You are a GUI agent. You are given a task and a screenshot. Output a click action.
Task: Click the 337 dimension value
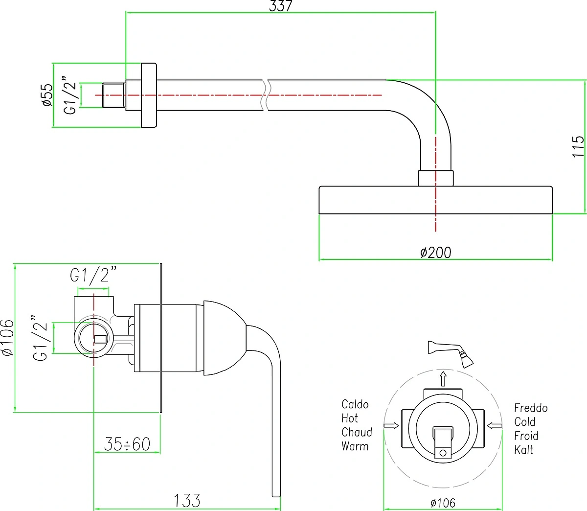coord(280,6)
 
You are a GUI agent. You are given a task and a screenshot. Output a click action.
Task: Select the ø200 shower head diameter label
coord(435,253)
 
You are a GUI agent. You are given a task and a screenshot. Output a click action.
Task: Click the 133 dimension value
coord(187,501)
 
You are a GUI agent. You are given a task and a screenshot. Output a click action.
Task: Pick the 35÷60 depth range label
coord(127,444)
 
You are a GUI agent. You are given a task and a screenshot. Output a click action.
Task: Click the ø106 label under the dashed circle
coord(443,503)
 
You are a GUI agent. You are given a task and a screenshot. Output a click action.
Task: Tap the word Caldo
coord(355,404)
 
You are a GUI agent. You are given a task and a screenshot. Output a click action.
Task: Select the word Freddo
coord(531,408)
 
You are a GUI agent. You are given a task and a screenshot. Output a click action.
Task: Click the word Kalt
coord(523,450)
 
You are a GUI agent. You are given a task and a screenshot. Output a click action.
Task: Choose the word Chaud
coord(357,432)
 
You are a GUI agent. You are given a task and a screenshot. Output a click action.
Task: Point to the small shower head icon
coord(451,354)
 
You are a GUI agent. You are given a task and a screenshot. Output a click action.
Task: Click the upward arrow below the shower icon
coord(443,379)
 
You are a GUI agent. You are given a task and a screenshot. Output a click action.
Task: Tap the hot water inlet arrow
coord(391,425)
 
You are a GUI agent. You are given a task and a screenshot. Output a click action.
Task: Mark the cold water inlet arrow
coord(495,425)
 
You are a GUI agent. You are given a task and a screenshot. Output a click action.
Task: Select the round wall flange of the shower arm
coord(149,95)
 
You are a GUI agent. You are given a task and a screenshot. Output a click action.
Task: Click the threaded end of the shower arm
coord(114,95)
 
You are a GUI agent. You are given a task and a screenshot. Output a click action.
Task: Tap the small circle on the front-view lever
coord(443,453)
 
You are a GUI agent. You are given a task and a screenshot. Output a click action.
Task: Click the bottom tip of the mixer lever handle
coord(276,496)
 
